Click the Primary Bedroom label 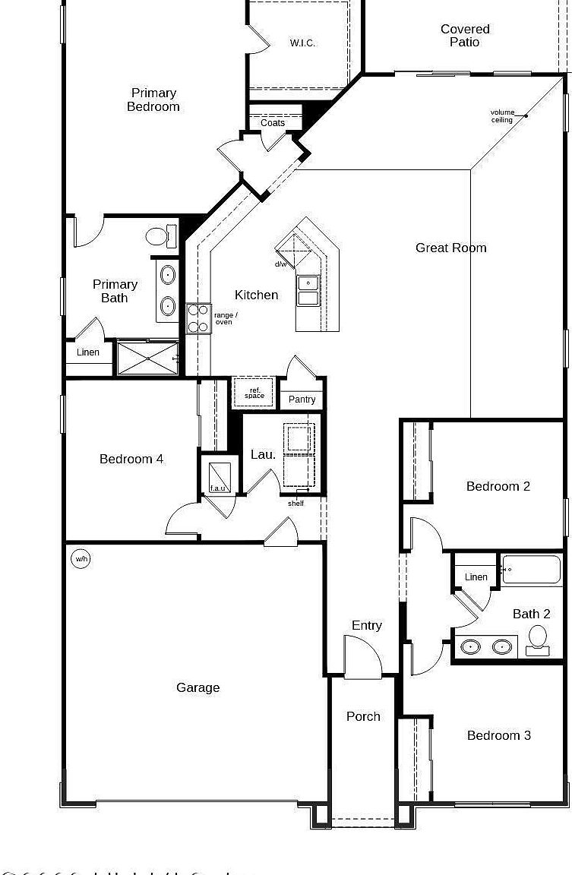[x=153, y=100]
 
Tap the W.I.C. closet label [x=302, y=43]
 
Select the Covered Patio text [x=465, y=36]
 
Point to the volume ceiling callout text [x=502, y=116]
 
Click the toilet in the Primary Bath [x=158, y=236]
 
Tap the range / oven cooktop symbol [x=198, y=318]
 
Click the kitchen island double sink [x=308, y=290]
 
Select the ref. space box [x=254, y=393]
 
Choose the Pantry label [x=302, y=400]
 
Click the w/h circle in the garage [x=81, y=560]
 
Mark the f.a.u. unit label [x=218, y=488]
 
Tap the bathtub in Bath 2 [x=531, y=570]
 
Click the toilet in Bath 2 [x=538, y=640]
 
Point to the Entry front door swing [x=362, y=657]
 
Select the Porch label [x=363, y=716]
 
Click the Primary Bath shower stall [x=148, y=359]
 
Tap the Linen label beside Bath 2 [x=476, y=577]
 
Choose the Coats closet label [x=273, y=123]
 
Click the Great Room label [x=451, y=248]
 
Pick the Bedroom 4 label [x=131, y=459]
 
